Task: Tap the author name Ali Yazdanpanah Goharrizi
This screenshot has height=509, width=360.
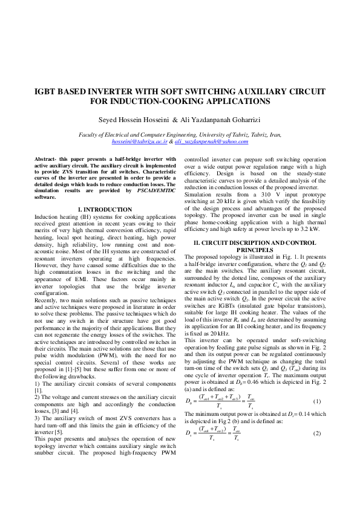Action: click(220, 119)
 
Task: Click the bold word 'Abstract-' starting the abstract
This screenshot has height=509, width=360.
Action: click(48, 159)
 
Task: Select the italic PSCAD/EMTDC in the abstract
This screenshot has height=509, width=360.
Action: click(155, 190)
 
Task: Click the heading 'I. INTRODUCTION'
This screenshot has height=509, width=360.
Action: click(105, 209)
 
